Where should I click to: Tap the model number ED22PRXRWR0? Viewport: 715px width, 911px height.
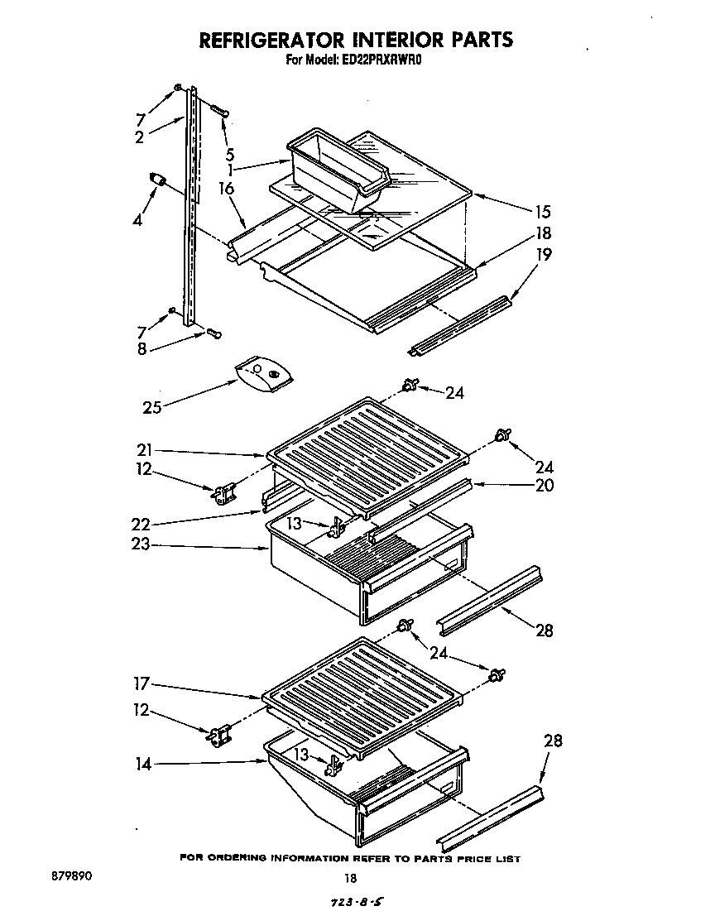[x=383, y=60]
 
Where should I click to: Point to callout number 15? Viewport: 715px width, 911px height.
[x=542, y=212]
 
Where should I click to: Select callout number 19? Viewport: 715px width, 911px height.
[x=543, y=256]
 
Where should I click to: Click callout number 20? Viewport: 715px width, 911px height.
[x=544, y=486]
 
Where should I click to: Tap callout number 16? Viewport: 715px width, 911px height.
[x=226, y=189]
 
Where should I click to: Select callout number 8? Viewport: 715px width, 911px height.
[x=142, y=349]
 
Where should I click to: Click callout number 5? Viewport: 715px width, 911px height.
[x=229, y=153]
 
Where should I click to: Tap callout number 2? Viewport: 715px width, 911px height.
[x=140, y=137]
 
